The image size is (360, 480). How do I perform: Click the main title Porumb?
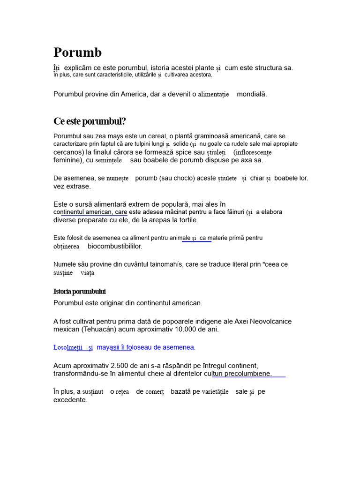coord(77,52)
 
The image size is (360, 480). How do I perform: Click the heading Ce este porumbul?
coord(90,121)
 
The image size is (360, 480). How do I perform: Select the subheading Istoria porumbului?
coord(79,292)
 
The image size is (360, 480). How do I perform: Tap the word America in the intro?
coord(134,94)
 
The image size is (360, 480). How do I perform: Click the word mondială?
coord(252,94)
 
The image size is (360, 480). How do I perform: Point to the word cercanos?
coord(68,152)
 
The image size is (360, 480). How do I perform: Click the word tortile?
coord(187,220)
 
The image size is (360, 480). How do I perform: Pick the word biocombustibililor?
coord(115,246)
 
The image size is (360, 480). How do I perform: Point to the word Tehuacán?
coord(100,329)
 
